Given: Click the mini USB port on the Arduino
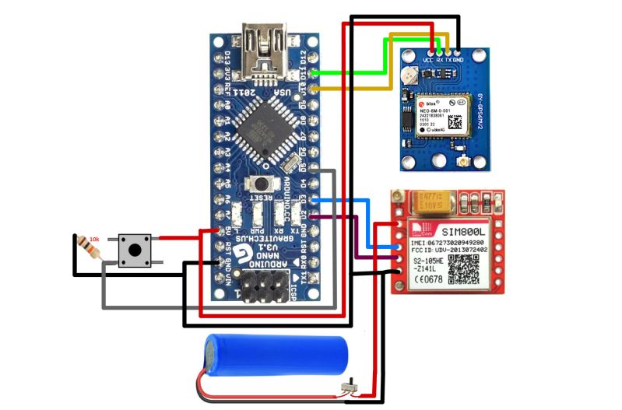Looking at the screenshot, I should (264, 46).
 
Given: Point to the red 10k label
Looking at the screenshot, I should (94, 238).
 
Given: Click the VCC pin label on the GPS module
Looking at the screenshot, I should (427, 60).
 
